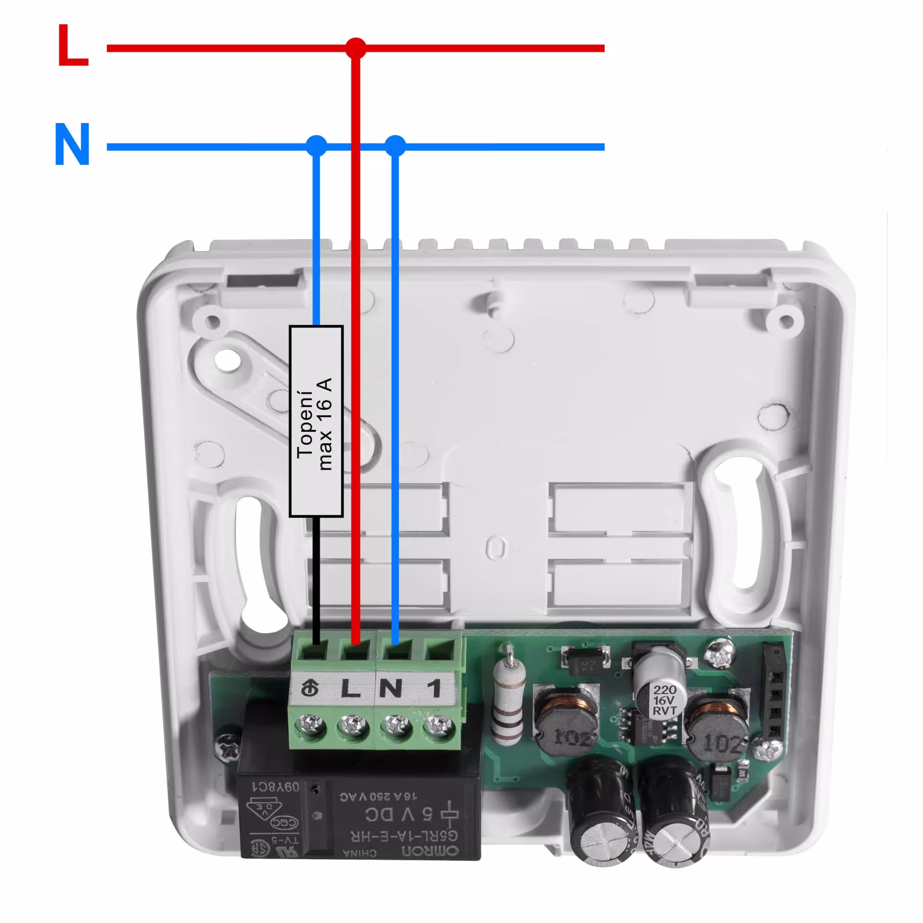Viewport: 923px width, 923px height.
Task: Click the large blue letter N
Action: (73, 144)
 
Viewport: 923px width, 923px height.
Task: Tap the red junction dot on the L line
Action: (356, 48)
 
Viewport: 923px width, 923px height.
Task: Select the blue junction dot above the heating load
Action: (316, 145)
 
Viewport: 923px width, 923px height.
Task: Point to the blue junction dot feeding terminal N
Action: (395, 145)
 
